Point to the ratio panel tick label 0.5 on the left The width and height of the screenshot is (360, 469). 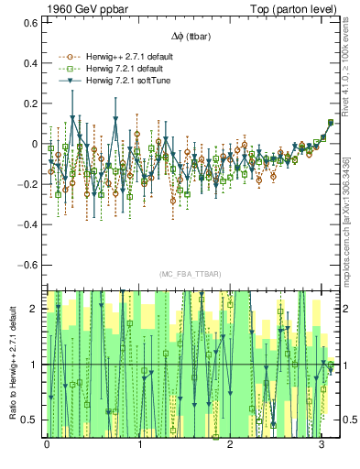click(x=31, y=420)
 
